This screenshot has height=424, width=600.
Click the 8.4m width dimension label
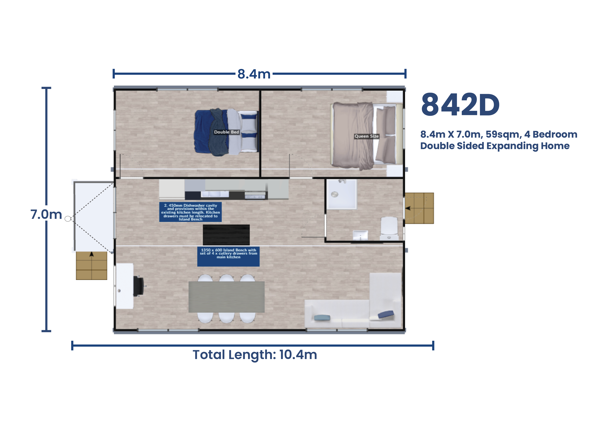coord(254,74)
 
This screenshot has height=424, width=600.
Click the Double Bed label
coord(226,132)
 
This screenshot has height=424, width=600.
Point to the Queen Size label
coord(366,136)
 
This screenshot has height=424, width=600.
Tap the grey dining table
coord(226,297)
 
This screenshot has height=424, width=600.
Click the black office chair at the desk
coord(139,286)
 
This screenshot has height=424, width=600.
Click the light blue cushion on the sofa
coord(322,318)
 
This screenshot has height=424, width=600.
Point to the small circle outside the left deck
coord(68,219)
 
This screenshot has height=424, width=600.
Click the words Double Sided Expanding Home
coord(494,146)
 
